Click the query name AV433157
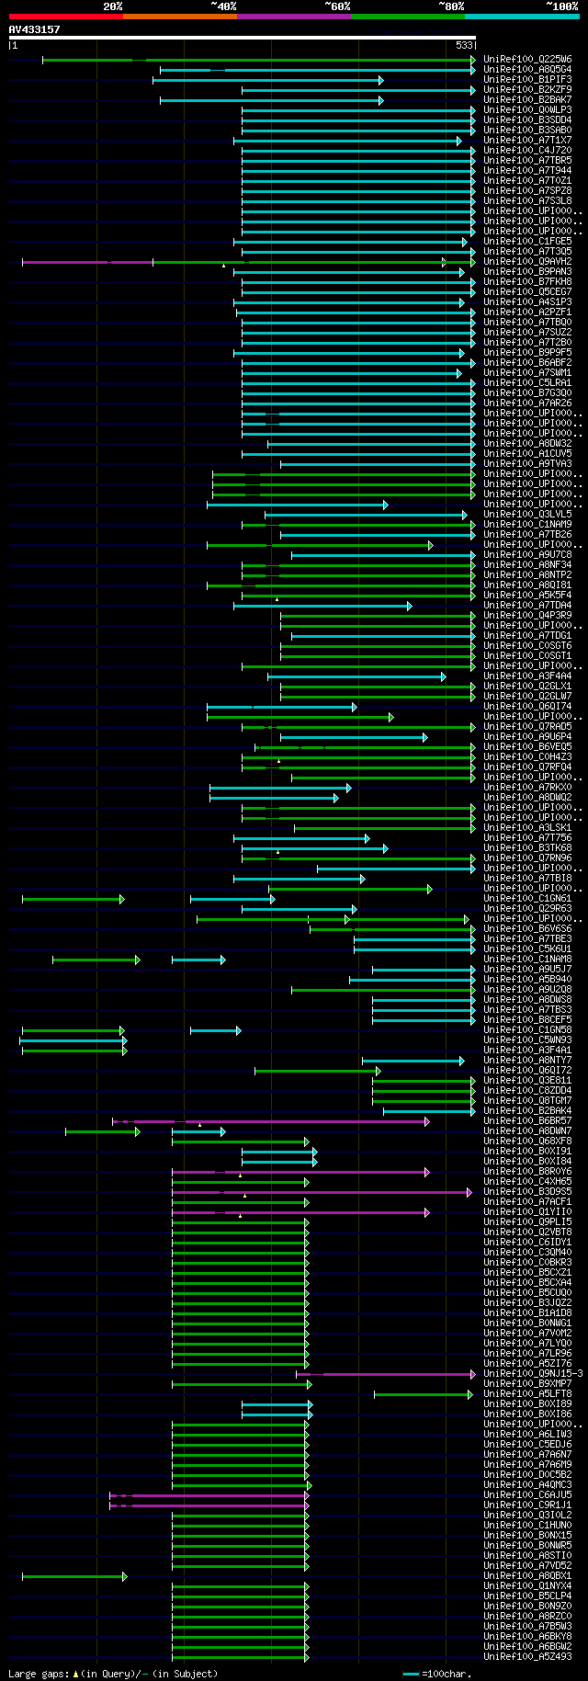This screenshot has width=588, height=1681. [34, 29]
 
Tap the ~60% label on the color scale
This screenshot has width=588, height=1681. [337, 6]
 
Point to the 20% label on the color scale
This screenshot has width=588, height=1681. [112, 6]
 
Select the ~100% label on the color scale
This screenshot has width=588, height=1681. [561, 6]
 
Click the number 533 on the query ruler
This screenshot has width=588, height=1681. [464, 45]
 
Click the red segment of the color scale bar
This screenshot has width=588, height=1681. [65, 17]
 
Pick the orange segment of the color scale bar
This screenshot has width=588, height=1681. [179, 17]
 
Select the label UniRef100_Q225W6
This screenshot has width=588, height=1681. [527, 60]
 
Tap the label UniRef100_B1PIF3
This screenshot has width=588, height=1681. [527, 80]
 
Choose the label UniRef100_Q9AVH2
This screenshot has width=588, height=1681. [527, 262]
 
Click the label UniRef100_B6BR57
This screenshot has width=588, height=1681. [527, 1121]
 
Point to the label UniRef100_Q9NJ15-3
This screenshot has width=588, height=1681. [533, 1374]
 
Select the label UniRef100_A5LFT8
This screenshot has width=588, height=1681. [527, 1394]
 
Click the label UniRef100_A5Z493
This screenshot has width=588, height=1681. [527, 1657]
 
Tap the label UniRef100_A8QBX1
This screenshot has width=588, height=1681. [527, 1576]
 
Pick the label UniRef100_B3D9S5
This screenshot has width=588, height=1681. [527, 1192]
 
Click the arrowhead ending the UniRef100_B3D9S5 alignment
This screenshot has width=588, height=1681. [470, 1192]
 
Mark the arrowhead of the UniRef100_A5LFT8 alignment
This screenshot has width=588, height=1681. [470, 1394]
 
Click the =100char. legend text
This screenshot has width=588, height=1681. [447, 1674]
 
